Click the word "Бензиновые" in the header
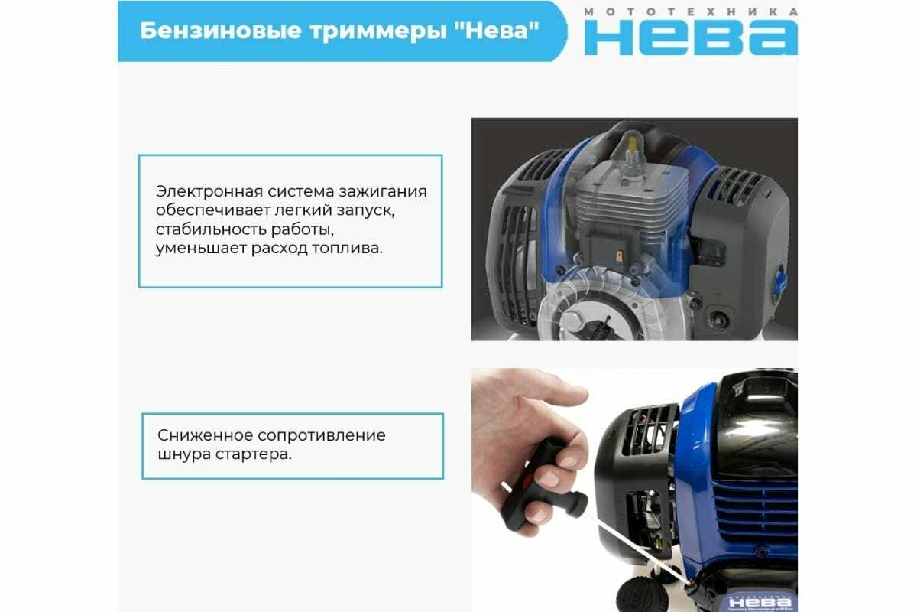221,31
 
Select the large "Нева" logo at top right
691,37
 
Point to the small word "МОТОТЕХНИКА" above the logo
691,12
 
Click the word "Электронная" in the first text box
209,191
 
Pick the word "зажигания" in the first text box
383,192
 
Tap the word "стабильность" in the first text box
211,229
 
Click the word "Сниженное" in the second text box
205,435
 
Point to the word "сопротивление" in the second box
322,435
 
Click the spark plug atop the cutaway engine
633,157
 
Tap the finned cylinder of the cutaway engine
633,205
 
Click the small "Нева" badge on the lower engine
760,602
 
